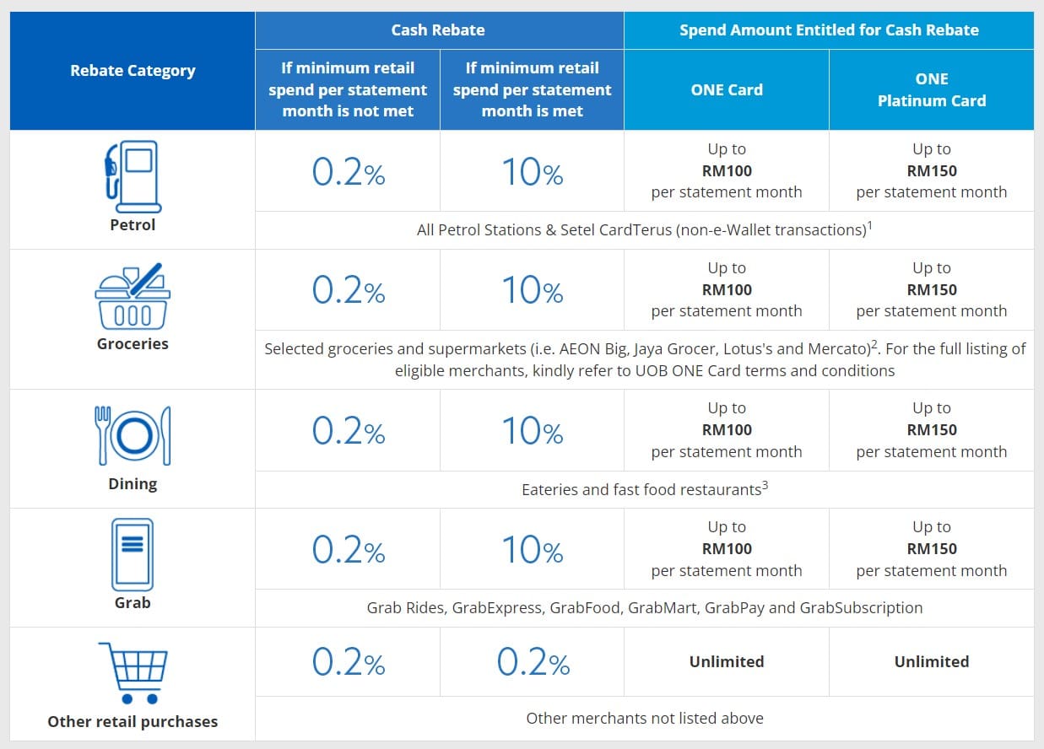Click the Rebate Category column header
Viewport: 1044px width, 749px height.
coord(133,71)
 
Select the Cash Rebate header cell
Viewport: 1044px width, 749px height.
coord(438,30)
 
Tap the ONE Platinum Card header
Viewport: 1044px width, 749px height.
coord(931,89)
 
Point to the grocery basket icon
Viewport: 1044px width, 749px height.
coord(133,296)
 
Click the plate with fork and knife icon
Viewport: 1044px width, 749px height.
coord(133,435)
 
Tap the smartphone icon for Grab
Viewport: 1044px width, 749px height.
coord(133,554)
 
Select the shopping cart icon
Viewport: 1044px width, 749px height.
coord(133,672)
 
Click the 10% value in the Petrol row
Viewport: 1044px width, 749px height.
coord(532,174)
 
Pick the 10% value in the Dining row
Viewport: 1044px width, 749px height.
coord(532,432)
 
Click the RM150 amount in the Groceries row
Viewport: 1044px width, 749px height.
coord(932,290)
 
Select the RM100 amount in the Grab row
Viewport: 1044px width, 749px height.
coord(727,549)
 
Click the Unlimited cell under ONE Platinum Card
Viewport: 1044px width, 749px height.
coord(932,662)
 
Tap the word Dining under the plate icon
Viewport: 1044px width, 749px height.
coord(133,484)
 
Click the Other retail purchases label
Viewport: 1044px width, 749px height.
coord(133,722)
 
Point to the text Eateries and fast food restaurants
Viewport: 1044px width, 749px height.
coord(641,489)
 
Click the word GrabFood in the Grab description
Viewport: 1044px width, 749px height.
coord(585,608)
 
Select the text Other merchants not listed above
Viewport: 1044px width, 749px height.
coord(645,719)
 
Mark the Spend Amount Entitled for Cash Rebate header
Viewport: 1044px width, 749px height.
coord(829,30)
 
